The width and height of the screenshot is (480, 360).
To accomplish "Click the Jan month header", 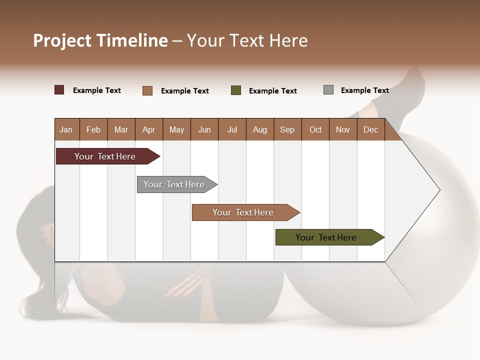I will point(66,130).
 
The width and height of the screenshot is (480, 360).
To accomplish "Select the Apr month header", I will point(148,130).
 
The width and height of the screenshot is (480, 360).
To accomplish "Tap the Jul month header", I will point(232,130).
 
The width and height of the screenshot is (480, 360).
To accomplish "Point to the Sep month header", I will point(287,130).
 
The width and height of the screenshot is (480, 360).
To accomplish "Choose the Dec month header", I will point(370,130).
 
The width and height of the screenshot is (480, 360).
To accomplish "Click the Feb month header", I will point(93,130).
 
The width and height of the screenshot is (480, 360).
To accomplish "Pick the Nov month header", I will point(342,130).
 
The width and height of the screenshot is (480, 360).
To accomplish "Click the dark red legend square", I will point(59,90).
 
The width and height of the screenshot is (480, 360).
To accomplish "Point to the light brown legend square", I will point(147,90).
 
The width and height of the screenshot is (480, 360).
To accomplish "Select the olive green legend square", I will point(236,90).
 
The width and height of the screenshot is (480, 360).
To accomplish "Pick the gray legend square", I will point(328,90).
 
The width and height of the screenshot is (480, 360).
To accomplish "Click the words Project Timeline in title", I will point(100,40).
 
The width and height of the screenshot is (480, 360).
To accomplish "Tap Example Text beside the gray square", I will point(364,90).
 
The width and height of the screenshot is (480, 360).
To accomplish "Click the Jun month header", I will point(204,130).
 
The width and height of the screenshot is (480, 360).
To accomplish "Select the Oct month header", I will point(315,130).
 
